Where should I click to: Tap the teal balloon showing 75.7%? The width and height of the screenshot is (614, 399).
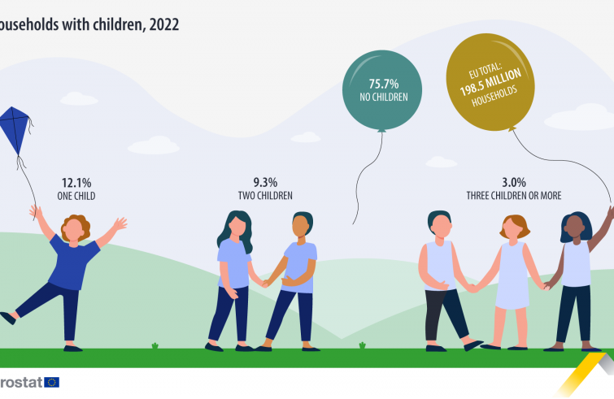pyautogui.click(x=382, y=89)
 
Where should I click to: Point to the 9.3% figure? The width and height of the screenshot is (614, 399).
pyautogui.click(x=265, y=183)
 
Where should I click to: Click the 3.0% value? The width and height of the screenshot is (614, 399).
pyautogui.click(x=513, y=183)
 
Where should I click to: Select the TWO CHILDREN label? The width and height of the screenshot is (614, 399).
pyautogui.click(x=265, y=196)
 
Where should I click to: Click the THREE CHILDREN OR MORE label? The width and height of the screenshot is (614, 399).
pyautogui.click(x=513, y=196)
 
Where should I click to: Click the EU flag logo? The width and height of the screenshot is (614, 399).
pyautogui.click(x=52, y=382)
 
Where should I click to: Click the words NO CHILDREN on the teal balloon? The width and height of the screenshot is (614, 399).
pyautogui.click(x=383, y=98)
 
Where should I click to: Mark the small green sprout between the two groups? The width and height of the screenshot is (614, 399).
pyautogui.click(x=363, y=345)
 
